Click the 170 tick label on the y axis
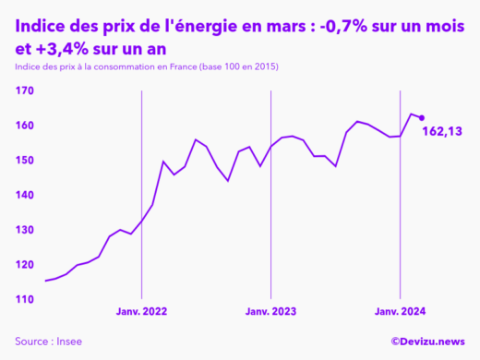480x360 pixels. click(x=25, y=90)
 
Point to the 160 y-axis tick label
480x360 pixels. click(x=25, y=126)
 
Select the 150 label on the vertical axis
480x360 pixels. click(x=25, y=161)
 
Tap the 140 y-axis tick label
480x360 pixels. click(x=25, y=196)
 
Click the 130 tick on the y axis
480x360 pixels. click(x=25, y=230)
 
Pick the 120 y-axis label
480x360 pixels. click(x=25, y=265)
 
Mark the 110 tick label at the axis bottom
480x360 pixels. click(x=25, y=300)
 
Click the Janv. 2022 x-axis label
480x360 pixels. click(x=141, y=313)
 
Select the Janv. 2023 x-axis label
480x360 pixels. click(x=270, y=313)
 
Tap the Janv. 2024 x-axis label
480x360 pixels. click(x=400, y=313)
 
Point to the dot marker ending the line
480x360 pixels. click(x=422, y=117)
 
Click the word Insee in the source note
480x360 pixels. click(x=68, y=342)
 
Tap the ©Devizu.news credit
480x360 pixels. click(x=427, y=342)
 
